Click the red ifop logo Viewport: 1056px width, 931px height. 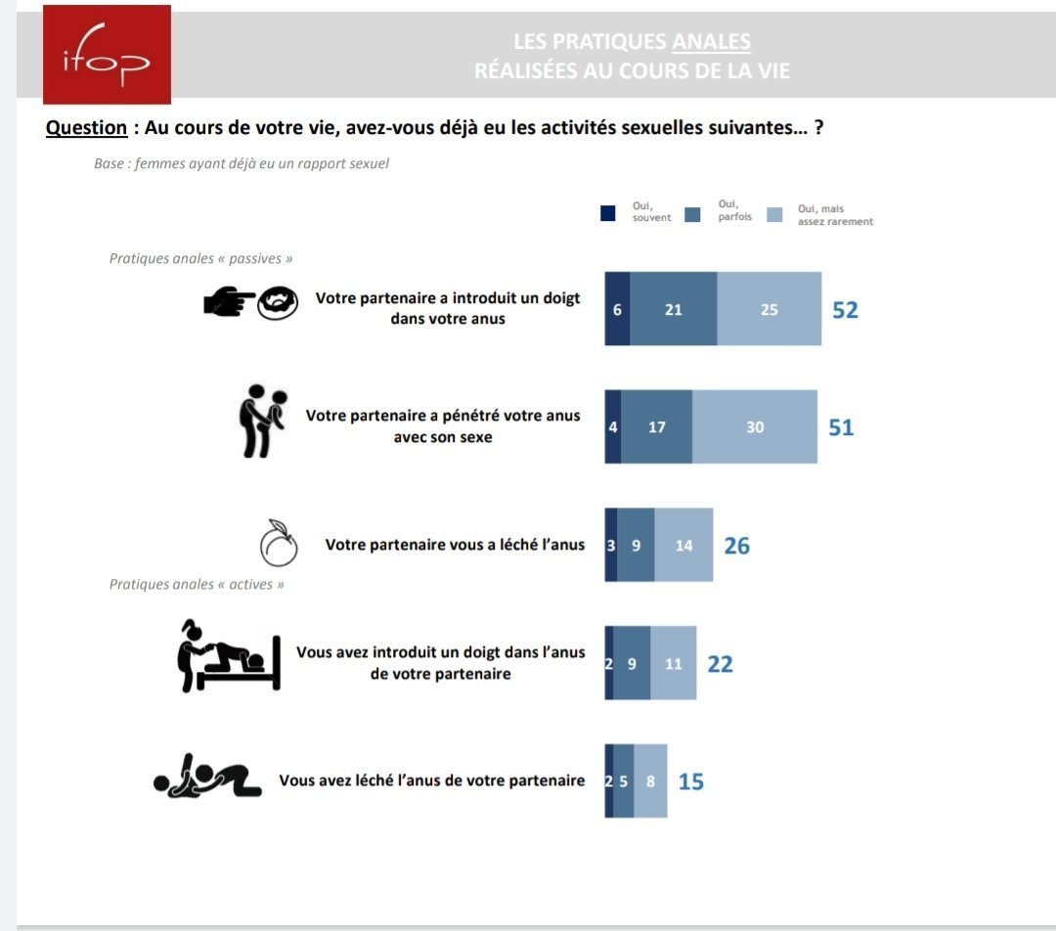(107, 54)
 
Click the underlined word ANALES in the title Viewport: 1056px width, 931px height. (711, 42)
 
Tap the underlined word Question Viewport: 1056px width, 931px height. (86, 128)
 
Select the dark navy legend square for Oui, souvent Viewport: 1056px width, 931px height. (608, 214)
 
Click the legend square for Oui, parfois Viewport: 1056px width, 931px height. (693, 214)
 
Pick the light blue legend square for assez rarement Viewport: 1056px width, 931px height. (775, 214)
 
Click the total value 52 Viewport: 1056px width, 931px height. (845, 310)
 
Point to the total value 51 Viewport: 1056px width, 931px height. (841, 427)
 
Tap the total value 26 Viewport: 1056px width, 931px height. (736, 546)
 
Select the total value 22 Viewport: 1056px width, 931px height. (720, 664)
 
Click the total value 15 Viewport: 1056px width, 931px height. (690, 781)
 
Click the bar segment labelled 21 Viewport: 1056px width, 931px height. (673, 310)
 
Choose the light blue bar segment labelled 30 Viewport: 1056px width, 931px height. (755, 427)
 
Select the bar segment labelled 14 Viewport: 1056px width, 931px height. (683, 546)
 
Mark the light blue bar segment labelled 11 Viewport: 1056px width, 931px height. (673, 664)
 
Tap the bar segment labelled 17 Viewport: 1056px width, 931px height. (656, 427)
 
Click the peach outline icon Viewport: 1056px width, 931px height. (279, 544)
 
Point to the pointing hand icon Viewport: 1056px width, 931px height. (228, 303)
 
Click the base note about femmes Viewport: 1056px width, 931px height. (241, 163)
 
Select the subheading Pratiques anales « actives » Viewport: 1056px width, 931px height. (197, 584)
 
